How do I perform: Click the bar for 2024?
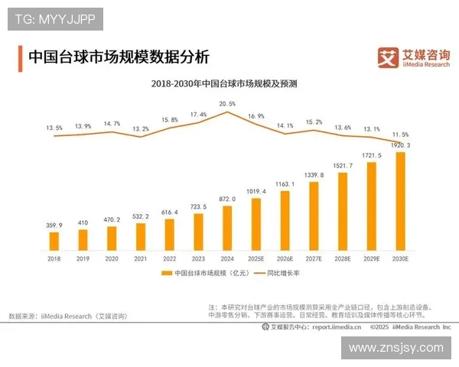226,229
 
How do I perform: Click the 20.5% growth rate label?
227,103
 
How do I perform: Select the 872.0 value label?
227,199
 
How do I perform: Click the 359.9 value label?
54,225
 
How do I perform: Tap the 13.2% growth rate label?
141,129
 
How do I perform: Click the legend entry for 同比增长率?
280,273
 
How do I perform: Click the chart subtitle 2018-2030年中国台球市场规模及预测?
229,83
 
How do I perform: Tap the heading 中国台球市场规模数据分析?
118,58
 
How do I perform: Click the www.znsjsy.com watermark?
396,348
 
